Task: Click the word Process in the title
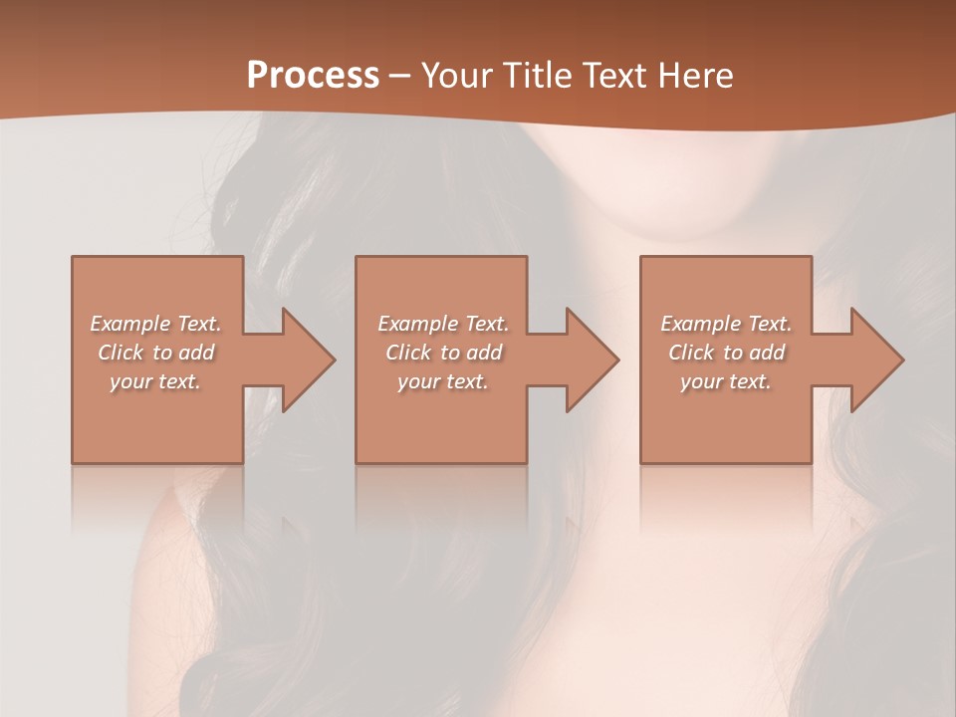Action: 313,75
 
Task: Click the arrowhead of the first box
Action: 304,359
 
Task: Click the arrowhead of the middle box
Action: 588,359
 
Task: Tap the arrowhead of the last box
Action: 872,359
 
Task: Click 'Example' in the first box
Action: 130,324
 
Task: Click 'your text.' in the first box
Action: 155,381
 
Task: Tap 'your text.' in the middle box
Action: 443,381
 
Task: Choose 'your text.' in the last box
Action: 726,381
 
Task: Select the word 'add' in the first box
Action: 197,353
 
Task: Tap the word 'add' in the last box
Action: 768,353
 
